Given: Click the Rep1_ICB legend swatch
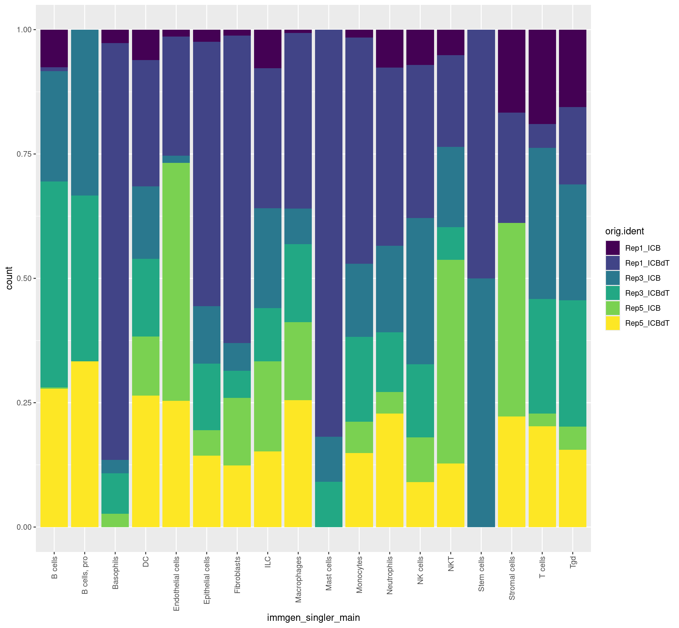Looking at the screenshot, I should point(612,248).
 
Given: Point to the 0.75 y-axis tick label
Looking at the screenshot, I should point(24,154).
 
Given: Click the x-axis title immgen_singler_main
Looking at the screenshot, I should point(313,618).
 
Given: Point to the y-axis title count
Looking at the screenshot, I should point(9,278).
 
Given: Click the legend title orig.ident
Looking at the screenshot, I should point(624,231).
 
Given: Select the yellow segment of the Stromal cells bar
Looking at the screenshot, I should point(512,472).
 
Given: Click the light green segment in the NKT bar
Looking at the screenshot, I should point(450,362).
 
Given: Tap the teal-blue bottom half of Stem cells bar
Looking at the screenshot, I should point(481,403).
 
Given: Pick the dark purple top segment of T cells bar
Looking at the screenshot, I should point(542,77).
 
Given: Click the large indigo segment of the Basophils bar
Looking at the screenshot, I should point(115,251).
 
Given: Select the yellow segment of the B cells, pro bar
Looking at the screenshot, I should point(84,444).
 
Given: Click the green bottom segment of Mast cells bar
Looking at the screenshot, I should point(329,504).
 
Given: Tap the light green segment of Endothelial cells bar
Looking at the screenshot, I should point(176,282).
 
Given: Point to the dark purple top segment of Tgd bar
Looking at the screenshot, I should point(573,68).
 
